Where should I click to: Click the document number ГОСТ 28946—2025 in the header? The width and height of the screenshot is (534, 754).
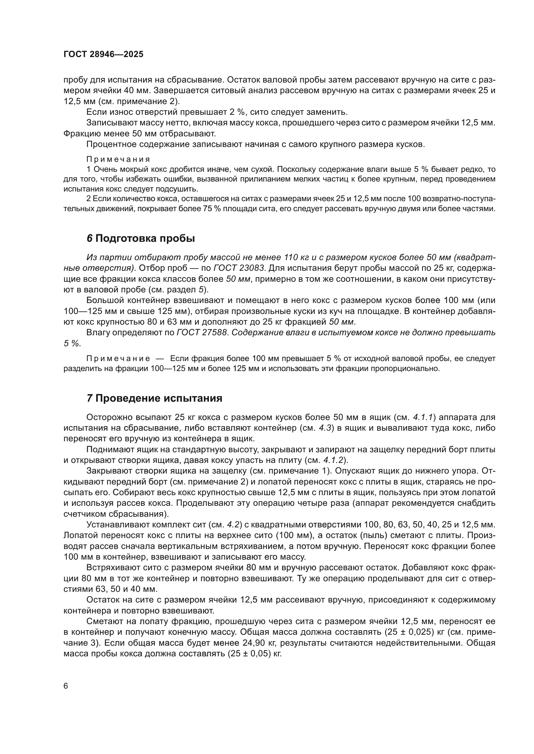pyautogui.click(x=103, y=54)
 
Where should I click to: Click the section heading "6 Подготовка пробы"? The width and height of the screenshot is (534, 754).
pyautogui.click(x=141, y=239)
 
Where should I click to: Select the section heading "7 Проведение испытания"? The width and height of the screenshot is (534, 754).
pyautogui.click(x=155, y=398)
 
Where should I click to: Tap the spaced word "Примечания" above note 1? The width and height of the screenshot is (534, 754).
pyautogui.click(x=118, y=159)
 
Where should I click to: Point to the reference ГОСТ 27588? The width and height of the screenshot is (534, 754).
pyautogui.click(x=202, y=332)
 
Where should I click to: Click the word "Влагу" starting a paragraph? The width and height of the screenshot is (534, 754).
pyautogui.click(x=97, y=332)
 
